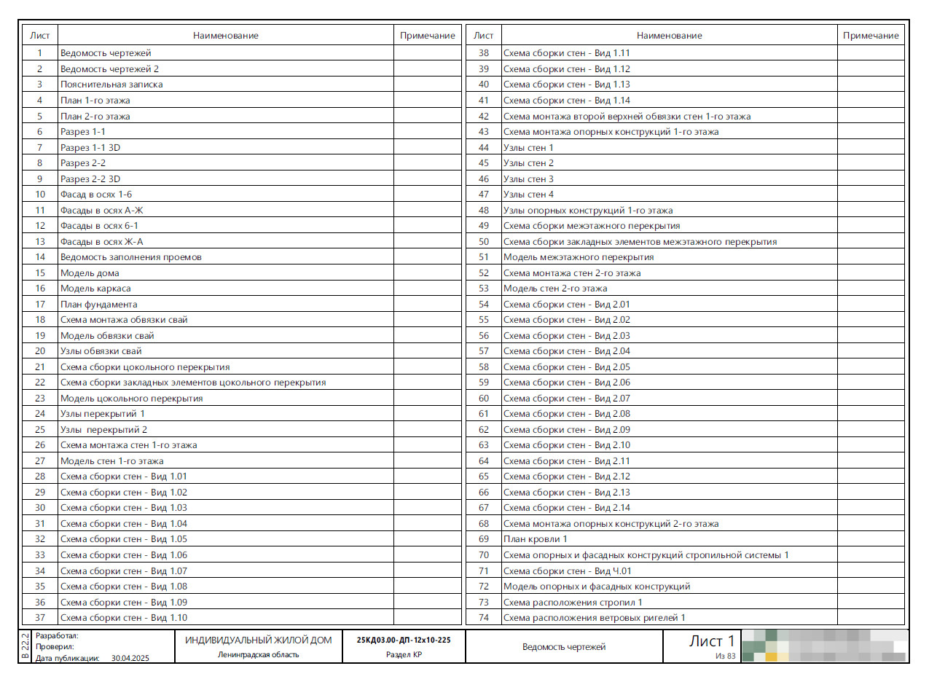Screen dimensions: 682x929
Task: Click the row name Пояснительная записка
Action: [111, 85]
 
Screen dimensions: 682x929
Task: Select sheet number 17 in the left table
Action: [40, 304]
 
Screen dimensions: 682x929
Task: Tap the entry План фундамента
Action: [98, 304]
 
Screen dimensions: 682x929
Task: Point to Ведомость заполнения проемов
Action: [131, 257]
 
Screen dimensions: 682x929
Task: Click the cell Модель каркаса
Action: [95, 289]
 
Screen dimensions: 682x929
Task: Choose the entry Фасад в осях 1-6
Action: [96, 195]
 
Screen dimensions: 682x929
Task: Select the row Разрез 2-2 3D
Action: [90, 179]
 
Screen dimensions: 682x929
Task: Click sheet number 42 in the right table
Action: [483, 116]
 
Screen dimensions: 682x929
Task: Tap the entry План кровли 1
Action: [536, 539]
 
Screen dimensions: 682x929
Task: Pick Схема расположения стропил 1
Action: [573, 602]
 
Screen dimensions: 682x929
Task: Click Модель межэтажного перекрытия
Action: [579, 257]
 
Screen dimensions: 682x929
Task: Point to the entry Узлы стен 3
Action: [528, 179]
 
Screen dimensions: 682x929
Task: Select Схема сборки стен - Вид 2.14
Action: [567, 508]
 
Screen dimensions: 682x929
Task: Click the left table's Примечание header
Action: [428, 35]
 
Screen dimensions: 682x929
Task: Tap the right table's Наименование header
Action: [669, 35]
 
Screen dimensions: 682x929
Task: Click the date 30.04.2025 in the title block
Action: [130, 657]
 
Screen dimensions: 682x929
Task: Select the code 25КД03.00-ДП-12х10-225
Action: [404, 640]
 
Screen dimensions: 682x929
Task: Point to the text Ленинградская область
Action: [258, 654]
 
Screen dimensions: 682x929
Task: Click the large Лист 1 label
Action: [712, 641]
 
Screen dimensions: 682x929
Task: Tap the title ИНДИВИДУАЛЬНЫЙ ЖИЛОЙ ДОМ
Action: [258, 640]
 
